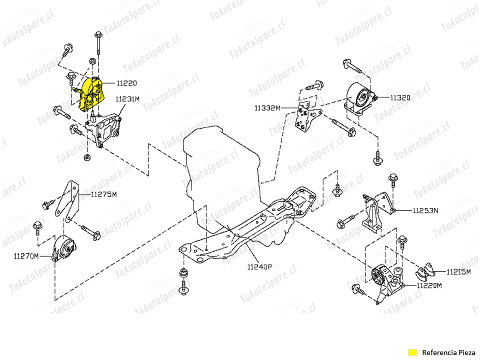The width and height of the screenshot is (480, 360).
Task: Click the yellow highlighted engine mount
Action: pyautogui.click(x=91, y=94)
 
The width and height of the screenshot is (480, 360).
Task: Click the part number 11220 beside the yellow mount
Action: pyautogui.click(x=126, y=83)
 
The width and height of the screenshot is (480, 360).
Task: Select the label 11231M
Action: pyautogui.click(x=127, y=99)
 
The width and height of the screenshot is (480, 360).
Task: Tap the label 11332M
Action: pyautogui.click(x=267, y=108)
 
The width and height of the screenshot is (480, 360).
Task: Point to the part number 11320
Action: pyautogui.click(x=400, y=97)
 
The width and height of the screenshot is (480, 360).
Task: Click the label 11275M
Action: pyautogui.click(x=104, y=194)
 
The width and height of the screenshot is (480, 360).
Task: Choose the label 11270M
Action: pyautogui.click(x=26, y=256)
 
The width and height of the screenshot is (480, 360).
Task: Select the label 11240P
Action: pyautogui.click(x=259, y=267)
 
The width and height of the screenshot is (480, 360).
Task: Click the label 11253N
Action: pyautogui.click(x=425, y=210)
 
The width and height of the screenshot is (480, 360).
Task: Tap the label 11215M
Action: pyautogui.click(x=458, y=272)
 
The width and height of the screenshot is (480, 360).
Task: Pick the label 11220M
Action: pyautogui.click(x=429, y=285)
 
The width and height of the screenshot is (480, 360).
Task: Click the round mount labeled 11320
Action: pyautogui.click(x=359, y=98)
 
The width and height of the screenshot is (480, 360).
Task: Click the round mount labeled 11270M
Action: pyautogui.click(x=63, y=247)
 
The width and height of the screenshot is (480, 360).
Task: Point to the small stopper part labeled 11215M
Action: pyautogui.click(x=425, y=271)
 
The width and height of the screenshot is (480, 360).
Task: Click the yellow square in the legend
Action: pyautogui.click(x=412, y=352)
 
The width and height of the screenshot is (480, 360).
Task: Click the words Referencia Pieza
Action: pyautogui.click(x=448, y=352)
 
